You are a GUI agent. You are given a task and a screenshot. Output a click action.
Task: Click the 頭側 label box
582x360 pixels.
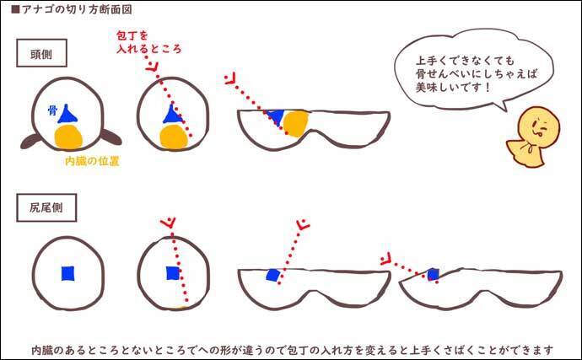pyautogui.click(x=41, y=53)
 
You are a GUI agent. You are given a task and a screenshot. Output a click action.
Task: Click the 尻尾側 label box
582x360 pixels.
pyautogui.click(x=46, y=207)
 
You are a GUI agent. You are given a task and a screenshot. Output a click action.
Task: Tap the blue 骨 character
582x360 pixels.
pyautogui.click(x=52, y=110)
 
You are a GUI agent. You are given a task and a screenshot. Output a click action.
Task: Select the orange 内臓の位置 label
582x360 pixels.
pyautogui.click(x=92, y=161)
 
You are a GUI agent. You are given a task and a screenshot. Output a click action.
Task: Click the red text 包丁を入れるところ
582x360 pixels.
pyautogui.click(x=148, y=42)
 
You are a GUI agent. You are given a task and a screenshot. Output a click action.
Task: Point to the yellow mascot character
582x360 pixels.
pyautogui.click(x=533, y=137)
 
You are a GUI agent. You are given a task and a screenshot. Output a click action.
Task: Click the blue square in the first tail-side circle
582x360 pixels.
pyautogui.click(x=67, y=273)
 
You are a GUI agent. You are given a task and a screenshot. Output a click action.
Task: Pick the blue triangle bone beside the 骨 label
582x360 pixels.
pyautogui.click(x=67, y=115)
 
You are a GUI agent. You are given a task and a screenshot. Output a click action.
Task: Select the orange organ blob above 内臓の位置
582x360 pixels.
pyautogui.click(x=68, y=137)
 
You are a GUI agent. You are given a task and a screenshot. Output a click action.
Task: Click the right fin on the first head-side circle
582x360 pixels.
pyautogui.click(x=111, y=137)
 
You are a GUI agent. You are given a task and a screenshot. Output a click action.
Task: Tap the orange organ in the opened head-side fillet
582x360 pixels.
pyautogui.click(x=296, y=124)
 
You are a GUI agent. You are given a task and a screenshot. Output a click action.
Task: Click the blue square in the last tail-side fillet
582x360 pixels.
pyautogui.click(x=434, y=275)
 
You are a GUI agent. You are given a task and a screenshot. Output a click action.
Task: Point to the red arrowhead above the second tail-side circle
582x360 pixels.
pyautogui.click(x=168, y=223)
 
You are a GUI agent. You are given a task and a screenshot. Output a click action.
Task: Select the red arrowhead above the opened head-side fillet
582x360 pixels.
pyautogui.click(x=230, y=78)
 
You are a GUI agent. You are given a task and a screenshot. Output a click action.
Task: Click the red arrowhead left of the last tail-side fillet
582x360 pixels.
pyautogui.click(x=386, y=259)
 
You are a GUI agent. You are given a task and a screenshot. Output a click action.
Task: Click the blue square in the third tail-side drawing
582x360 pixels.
pyautogui.click(x=272, y=275)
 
